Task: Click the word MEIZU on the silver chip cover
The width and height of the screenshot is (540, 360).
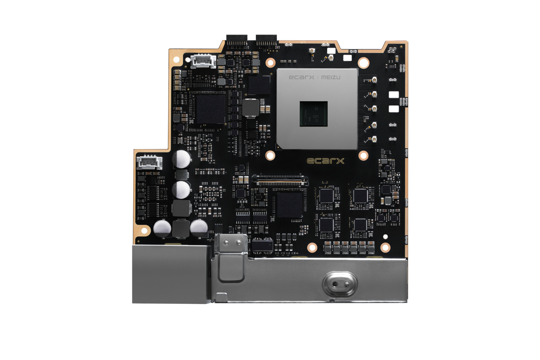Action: [331, 77]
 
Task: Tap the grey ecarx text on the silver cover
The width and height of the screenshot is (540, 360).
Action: [301, 77]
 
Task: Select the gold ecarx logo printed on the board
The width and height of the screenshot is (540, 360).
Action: [325, 161]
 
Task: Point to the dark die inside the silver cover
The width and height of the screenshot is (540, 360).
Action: [313, 114]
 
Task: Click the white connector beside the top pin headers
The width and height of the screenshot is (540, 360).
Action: [203, 61]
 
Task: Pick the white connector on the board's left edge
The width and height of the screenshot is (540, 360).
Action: [149, 162]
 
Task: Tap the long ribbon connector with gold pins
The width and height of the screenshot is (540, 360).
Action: [280, 180]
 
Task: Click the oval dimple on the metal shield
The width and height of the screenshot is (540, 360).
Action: [340, 284]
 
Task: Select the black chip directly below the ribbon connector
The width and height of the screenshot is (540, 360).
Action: [289, 205]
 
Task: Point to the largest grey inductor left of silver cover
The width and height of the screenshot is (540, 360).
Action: [251, 107]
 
